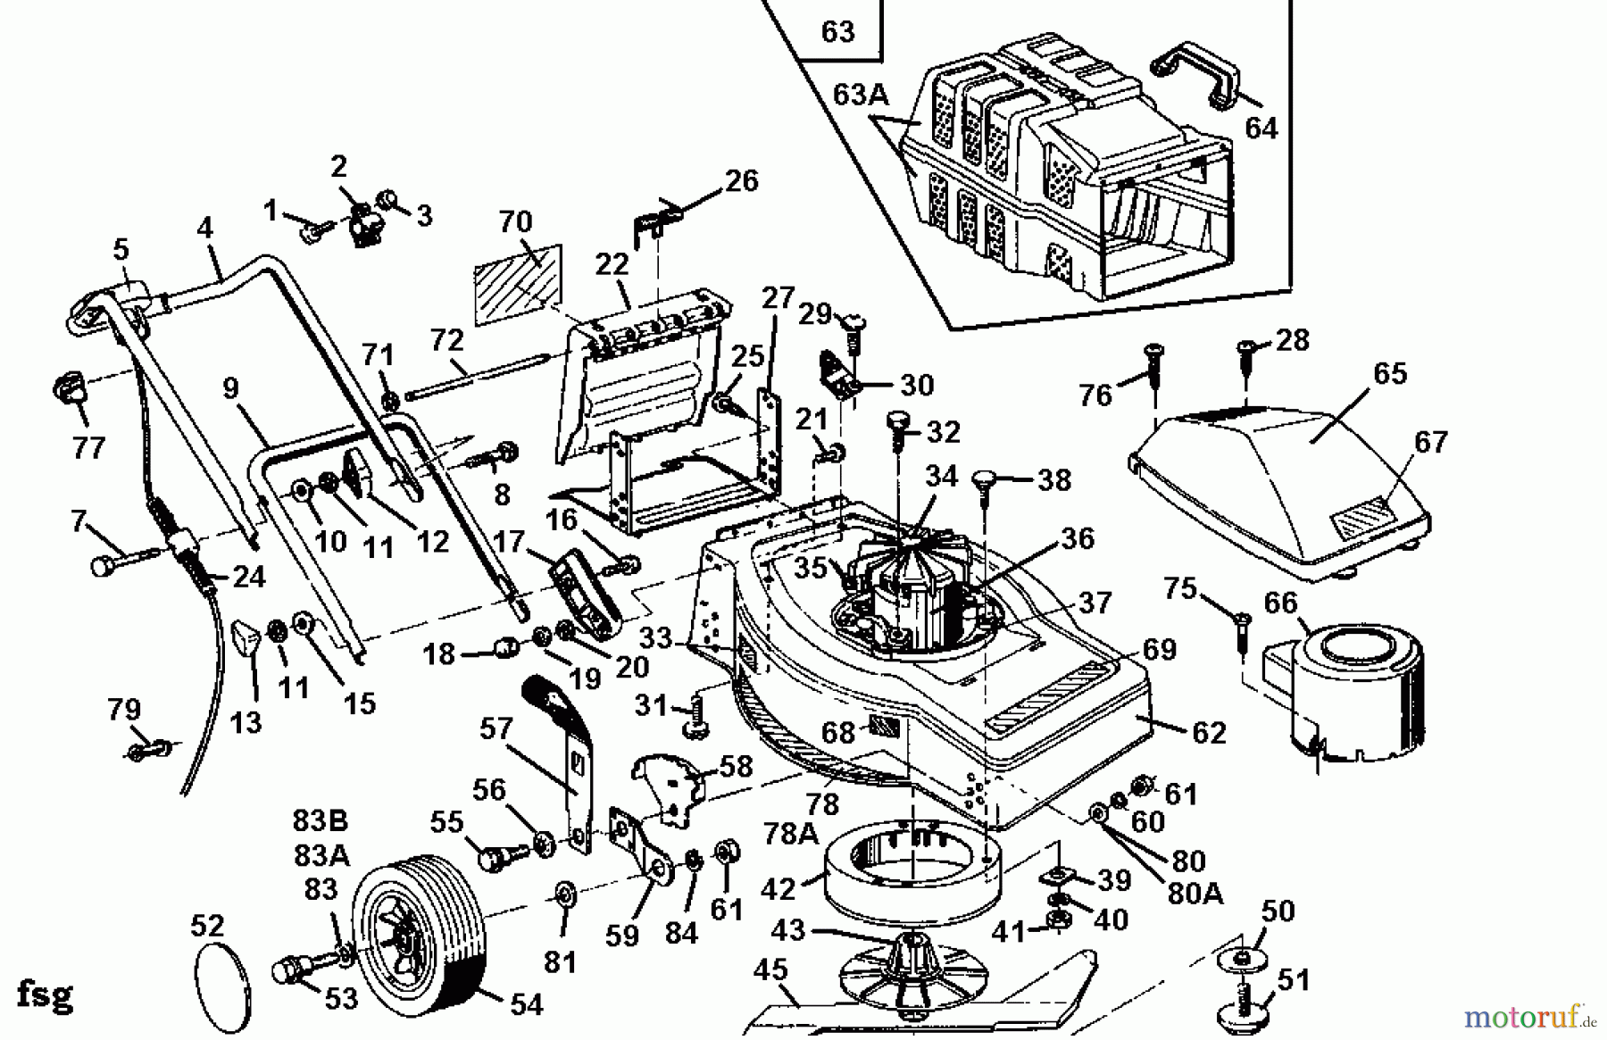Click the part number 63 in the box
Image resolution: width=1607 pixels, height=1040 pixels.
pos(837,32)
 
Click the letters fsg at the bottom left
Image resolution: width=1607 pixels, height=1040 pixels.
pos(45,994)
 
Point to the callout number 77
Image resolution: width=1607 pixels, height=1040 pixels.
pos(88,446)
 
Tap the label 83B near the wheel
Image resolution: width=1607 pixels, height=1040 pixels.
pos(321,820)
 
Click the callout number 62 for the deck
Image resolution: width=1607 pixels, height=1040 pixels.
pos(1209,732)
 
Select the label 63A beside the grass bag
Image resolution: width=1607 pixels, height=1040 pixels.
pos(862,94)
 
